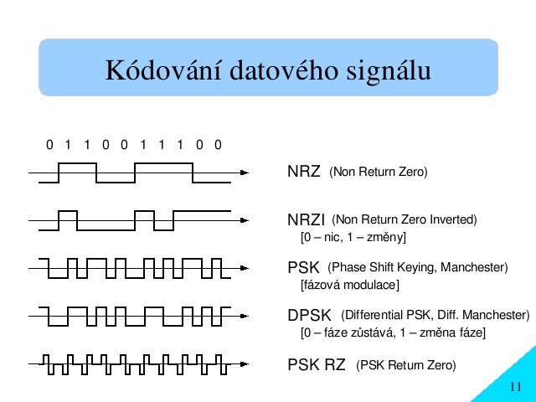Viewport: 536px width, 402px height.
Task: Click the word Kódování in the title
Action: (x=163, y=70)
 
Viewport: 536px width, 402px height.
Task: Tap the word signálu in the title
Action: (x=389, y=72)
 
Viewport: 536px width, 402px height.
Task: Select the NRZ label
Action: (x=304, y=171)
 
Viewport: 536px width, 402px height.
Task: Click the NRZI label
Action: (x=306, y=219)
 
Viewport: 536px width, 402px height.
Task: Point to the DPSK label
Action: (x=309, y=315)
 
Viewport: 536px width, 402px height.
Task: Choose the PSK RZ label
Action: (x=317, y=364)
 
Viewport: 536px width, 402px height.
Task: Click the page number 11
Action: (x=516, y=387)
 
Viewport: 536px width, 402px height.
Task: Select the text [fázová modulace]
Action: (x=350, y=285)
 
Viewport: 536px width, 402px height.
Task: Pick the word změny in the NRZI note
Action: (x=386, y=237)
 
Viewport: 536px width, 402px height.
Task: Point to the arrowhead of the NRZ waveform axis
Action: (x=244, y=173)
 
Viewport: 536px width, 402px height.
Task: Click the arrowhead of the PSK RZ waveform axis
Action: (x=244, y=364)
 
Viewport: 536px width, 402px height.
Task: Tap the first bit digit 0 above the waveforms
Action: (x=49, y=145)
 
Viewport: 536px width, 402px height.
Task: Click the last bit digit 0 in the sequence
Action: (x=218, y=145)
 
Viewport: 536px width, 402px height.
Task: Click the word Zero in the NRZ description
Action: (x=413, y=172)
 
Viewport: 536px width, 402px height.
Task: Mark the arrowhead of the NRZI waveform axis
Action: (x=244, y=220)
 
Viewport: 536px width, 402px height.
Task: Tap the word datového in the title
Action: (x=284, y=70)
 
